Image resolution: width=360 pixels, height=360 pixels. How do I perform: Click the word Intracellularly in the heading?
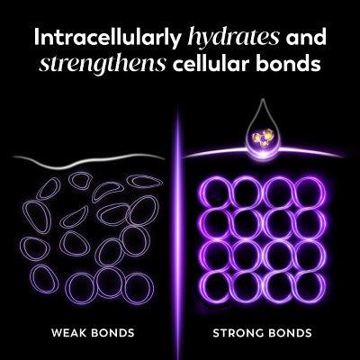point(108,39)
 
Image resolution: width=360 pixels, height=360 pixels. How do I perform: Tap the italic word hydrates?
point(233,39)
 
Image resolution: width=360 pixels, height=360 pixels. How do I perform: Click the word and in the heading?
point(306,37)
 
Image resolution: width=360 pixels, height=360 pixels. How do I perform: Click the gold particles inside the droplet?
point(263,137)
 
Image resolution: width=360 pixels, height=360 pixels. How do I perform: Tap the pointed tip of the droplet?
point(263,100)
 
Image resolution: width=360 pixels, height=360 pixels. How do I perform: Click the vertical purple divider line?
point(178,234)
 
